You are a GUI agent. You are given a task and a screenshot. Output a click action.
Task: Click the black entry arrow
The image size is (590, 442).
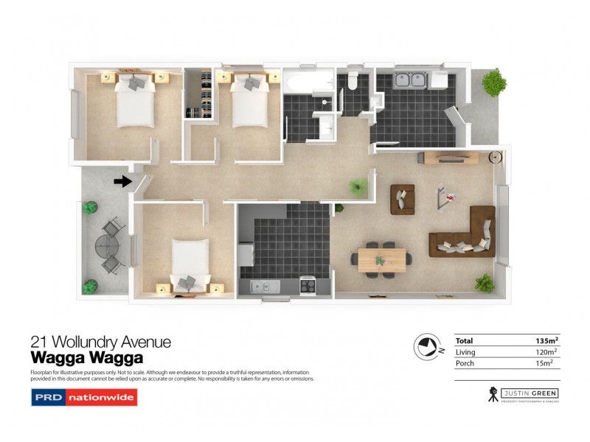122,180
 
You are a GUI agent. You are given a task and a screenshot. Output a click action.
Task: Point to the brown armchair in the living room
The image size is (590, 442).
403,199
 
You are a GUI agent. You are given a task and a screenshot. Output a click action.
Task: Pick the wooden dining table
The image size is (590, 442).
381,259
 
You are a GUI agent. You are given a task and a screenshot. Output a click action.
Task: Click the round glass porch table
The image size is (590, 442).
108,246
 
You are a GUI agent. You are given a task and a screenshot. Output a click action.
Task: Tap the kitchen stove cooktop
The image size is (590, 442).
306,285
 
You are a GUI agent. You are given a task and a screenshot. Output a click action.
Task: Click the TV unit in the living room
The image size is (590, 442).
451,158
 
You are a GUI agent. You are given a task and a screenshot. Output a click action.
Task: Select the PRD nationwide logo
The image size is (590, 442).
83,399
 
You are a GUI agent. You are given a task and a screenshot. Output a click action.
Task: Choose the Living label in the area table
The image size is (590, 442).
465,352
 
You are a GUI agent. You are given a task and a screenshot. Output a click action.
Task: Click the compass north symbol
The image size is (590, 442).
426,345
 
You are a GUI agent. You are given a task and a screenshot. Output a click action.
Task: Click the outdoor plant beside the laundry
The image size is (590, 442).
493,82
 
